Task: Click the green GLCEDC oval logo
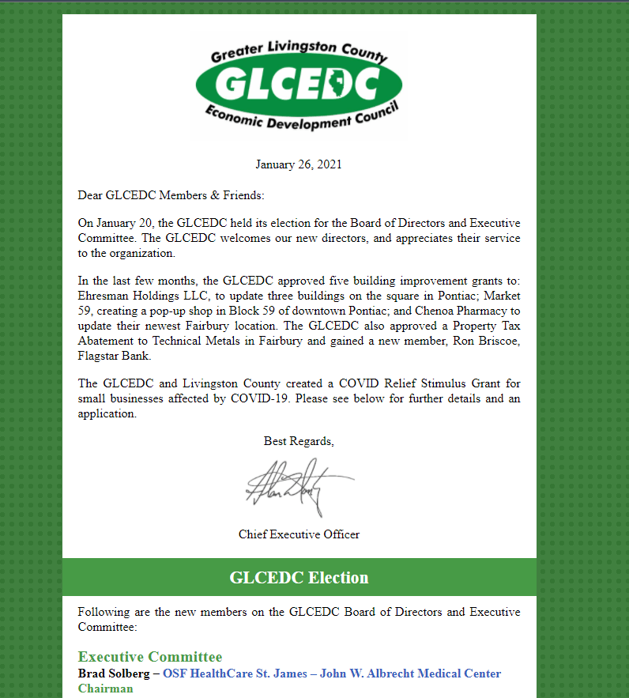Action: click(299, 83)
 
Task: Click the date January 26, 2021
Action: click(299, 164)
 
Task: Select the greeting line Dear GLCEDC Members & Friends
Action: click(171, 194)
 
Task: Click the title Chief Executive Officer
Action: click(299, 534)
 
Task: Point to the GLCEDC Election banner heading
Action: click(299, 578)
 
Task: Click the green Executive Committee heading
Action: click(150, 657)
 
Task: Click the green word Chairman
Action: click(105, 689)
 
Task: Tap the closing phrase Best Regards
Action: click(299, 441)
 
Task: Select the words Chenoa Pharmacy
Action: click(459, 311)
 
